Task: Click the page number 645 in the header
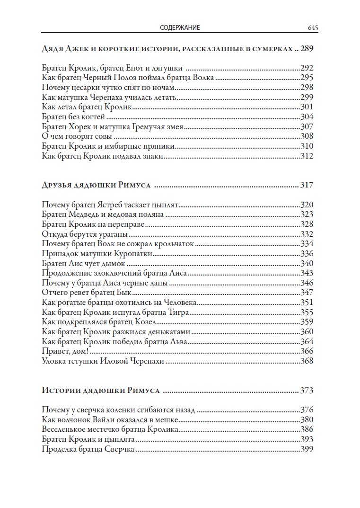[312, 28]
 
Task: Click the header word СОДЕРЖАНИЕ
[180, 28]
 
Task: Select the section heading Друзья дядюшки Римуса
[96, 185]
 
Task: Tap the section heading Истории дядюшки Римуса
[100, 391]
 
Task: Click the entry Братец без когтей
[73, 116]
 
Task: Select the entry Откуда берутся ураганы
[85, 234]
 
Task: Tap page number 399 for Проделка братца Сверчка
[307, 449]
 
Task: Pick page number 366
[307, 352]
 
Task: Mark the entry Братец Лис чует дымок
[83, 263]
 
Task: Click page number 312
[307, 156]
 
